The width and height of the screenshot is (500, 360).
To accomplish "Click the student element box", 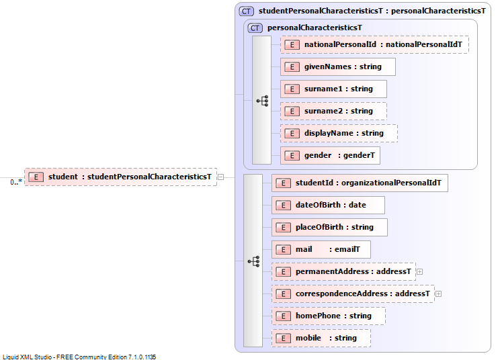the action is point(120,177).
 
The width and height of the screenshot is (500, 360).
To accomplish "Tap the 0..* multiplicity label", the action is point(16,182).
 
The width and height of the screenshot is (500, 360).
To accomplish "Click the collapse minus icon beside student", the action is point(220,177).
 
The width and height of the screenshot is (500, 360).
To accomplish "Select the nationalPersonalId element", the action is point(374,44).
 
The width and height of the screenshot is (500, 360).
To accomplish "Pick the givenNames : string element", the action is point(337,67).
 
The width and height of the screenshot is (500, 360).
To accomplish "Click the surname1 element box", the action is point(333,89).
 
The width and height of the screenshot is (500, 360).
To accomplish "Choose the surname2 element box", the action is point(333,111).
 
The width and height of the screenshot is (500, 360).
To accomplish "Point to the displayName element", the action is point(339,133).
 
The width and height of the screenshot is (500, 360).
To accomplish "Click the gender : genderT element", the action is point(330,155).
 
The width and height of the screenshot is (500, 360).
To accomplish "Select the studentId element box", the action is point(360,183).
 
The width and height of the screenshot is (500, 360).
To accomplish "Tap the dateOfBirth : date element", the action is point(328,205).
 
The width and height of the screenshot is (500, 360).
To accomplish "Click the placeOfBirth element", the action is point(329,227).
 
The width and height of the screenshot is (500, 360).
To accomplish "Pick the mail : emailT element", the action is point(321,249).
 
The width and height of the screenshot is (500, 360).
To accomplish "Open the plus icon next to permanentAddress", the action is point(420,272).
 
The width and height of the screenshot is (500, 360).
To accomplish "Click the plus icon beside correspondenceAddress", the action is point(439,294).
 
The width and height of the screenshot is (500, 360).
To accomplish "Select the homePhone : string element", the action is point(329,316).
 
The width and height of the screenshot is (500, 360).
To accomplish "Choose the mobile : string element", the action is point(321,338).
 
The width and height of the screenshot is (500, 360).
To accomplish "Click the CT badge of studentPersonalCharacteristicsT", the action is point(247,11).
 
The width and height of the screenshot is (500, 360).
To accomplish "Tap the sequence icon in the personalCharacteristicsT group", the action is point(263,101).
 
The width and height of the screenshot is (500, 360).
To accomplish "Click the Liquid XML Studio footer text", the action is point(79,357).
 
